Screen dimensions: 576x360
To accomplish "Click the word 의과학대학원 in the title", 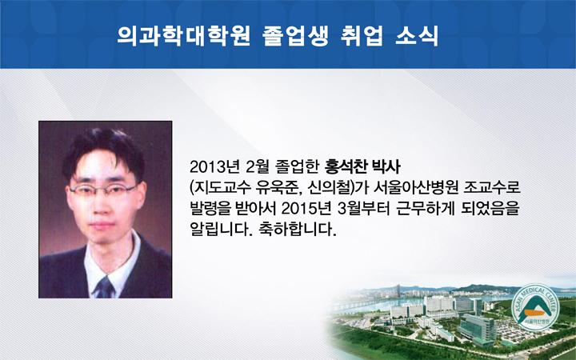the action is click(184, 36).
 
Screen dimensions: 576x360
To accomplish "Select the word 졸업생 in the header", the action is click(295, 36).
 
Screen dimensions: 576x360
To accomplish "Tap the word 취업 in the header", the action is click(362, 36).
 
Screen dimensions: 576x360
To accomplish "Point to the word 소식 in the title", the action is click(417, 36).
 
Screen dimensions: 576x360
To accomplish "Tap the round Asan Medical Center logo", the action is click(535, 307).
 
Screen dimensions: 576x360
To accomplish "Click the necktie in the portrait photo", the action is click(105, 288).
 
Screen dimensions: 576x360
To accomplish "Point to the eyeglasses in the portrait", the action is click(103, 190).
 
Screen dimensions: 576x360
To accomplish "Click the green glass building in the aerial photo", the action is click(477, 328).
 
